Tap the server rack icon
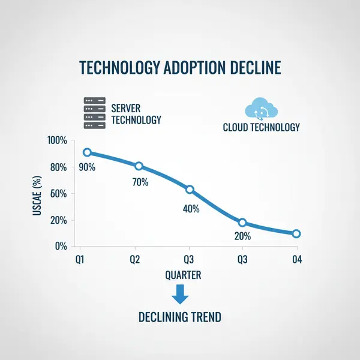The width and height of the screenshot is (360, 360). click(94, 113)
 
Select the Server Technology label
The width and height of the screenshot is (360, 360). click(136, 114)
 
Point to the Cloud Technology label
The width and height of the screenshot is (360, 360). click(261, 127)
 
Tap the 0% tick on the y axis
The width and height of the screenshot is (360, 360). click(61, 246)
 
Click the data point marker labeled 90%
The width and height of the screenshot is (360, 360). click(88, 152)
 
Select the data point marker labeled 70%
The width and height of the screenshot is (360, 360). click(139, 166)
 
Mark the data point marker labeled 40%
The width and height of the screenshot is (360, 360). click(190, 190)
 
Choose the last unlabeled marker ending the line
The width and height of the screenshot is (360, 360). click(296, 234)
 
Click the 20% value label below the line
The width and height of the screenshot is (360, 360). click(242, 236)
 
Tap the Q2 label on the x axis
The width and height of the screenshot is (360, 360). click(136, 260)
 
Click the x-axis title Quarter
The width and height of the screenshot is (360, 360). click(183, 275)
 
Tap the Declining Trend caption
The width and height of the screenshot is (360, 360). click(180, 316)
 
